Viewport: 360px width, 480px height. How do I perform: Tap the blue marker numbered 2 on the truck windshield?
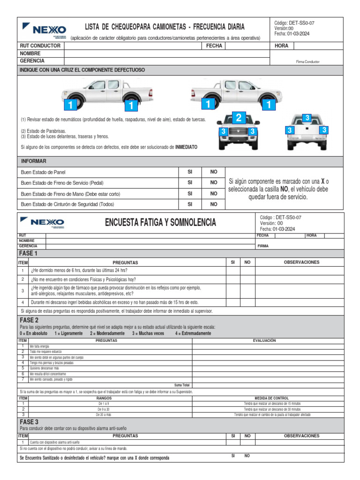(239, 118)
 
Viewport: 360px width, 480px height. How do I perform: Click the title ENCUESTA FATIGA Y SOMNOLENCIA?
(160, 223)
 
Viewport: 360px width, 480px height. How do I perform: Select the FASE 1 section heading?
(28, 253)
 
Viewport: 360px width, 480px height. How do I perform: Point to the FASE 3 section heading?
(29, 422)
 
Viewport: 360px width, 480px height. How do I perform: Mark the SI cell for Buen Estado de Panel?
(190, 172)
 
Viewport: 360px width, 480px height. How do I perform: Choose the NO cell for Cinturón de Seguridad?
(214, 204)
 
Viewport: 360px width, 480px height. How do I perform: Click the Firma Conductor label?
(307, 61)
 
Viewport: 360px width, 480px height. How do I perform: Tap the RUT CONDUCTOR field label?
(40, 46)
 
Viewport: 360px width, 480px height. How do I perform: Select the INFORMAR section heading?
(34, 161)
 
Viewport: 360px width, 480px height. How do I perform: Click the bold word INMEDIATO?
(186, 147)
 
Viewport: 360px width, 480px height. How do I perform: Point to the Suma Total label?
(181, 385)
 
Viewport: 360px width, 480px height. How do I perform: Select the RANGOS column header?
(104, 398)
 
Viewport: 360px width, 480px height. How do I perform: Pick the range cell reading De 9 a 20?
(104, 409)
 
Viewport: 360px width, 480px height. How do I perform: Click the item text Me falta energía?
(39, 346)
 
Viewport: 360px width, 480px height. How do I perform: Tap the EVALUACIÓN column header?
(264, 341)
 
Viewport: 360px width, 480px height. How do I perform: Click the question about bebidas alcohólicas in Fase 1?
(115, 302)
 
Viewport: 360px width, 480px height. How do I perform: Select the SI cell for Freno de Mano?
(190, 194)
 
